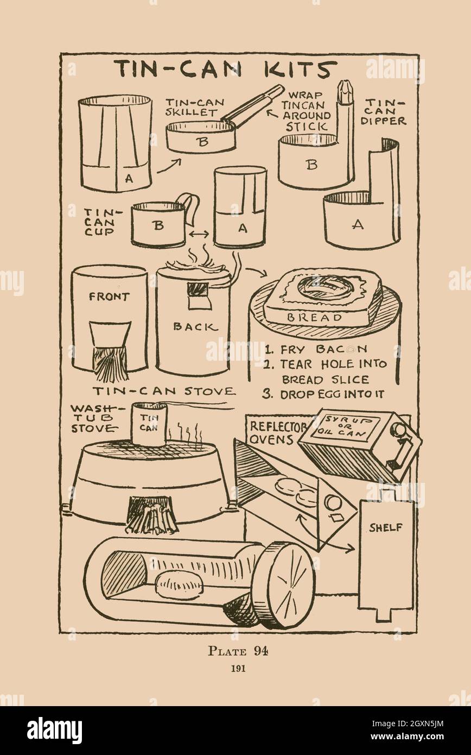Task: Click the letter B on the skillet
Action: coord(203,142)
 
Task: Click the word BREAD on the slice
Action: coord(314,317)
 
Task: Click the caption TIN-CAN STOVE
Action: coord(164,391)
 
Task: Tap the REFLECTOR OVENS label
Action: coord(277,433)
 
